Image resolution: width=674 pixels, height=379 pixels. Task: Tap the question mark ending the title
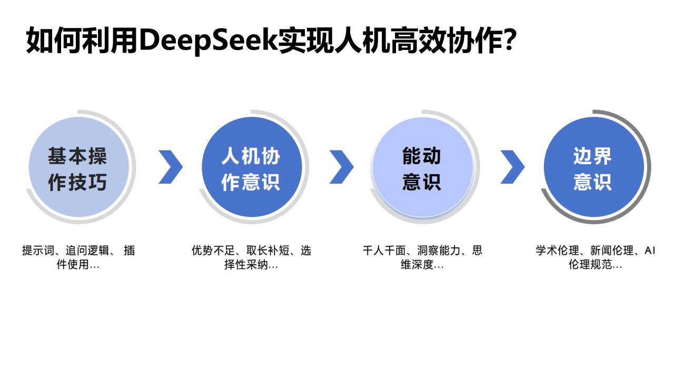[x=509, y=39]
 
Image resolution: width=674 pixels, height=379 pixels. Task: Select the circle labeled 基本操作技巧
[x=79, y=167]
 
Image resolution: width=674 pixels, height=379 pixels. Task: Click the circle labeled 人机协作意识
[x=252, y=167]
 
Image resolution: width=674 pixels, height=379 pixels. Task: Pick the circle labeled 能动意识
[x=423, y=167]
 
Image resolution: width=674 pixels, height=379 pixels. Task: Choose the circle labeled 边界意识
[x=594, y=167]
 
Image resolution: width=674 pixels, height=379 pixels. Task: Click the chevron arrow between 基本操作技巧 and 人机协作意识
[x=171, y=167]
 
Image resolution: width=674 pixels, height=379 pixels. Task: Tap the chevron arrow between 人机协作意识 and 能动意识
[x=342, y=167]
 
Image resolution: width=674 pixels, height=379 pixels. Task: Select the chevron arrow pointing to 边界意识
[x=512, y=167]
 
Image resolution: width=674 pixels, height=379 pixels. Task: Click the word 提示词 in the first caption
[x=38, y=250]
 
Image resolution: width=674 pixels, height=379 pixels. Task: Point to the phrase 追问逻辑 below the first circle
[x=87, y=250]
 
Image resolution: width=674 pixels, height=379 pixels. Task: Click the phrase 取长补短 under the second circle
[x=268, y=250]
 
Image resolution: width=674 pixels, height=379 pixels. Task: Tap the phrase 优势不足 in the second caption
[x=213, y=250]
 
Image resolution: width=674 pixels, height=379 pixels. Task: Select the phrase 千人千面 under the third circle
[x=384, y=250]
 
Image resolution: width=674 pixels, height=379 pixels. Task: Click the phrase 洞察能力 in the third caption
[x=439, y=250]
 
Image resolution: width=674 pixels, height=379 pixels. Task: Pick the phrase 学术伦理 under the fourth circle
[x=557, y=250]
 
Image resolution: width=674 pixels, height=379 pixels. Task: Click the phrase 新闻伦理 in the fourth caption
[x=612, y=250]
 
